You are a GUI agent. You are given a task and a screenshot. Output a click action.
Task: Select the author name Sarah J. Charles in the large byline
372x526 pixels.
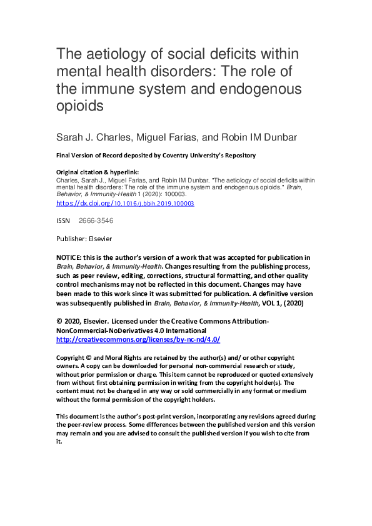click(x=98, y=137)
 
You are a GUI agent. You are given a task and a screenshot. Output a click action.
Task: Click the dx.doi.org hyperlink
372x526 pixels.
click(x=125, y=204)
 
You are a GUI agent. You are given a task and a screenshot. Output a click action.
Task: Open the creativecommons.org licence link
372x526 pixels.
click(x=138, y=339)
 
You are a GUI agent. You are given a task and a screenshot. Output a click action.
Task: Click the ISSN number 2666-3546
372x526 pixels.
click(x=96, y=221)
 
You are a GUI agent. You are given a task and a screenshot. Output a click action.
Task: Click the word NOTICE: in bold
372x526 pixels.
click(x=71, y=257)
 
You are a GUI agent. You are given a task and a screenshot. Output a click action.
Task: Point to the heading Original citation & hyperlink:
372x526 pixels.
click(x=98, y=172)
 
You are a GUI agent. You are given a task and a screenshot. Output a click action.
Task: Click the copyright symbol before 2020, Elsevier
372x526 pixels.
click(x=59, y=321)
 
